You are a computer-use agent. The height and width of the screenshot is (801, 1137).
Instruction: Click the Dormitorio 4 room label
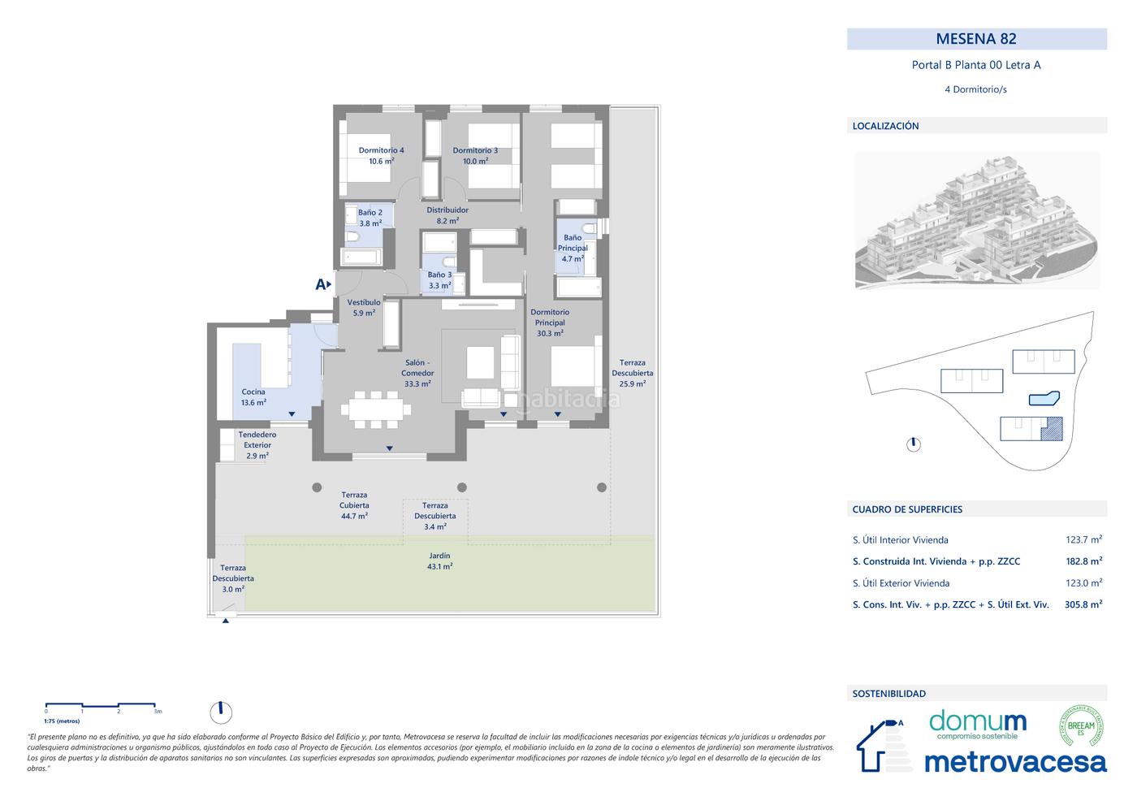pos(381,155)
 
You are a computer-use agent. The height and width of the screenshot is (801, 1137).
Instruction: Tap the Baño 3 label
pos(439,280)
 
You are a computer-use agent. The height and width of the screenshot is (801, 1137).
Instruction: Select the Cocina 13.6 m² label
pos(253,397)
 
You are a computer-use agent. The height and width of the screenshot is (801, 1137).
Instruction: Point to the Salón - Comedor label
pos(417,373)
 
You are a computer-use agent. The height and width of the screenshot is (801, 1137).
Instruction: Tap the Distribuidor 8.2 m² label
pos(447,215)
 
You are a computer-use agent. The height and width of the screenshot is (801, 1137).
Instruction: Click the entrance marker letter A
pos(321,284)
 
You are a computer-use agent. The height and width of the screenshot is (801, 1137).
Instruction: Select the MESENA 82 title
pos(976,39)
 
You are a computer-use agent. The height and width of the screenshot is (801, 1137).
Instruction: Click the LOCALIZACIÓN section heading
pos(885,126)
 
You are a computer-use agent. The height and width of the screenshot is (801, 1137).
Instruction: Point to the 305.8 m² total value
pos(1083,604)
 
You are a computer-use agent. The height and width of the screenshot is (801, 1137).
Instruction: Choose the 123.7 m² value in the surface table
pos(1083,539)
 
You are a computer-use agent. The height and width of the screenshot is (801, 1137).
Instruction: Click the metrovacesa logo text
pos(1015,761)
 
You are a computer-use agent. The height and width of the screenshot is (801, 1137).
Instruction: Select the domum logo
pos(978,723)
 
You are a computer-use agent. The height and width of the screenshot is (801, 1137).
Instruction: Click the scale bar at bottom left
pos(102,704)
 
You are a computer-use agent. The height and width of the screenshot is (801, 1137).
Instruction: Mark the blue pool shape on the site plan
pos(1044,398)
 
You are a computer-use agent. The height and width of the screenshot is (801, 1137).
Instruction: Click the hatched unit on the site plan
pos(1053,428)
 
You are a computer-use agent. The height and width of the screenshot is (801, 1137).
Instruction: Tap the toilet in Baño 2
pos(352,237)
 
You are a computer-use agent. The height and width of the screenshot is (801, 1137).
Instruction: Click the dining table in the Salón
pos(374,409)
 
